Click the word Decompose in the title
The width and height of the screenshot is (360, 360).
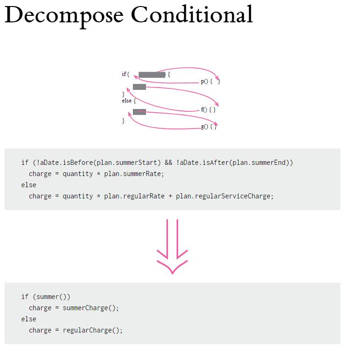pyautogui.click(x=63, y=15)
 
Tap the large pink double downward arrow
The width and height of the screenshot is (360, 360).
pyautogui.click(x=172, y=247)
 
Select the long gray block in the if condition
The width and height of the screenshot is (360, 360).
pyautogui.click(x=152, y=75)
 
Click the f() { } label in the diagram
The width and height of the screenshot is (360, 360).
pyautogui.click(x=208, y=110)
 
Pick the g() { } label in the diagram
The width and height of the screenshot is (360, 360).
pyautogui.click(x=208, y=127)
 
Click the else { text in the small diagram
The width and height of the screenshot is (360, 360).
pyautogui.click(x=129, y=101)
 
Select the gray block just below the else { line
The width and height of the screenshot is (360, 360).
pyautogui.click(x=139, y=112)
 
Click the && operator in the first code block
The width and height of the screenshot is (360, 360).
pyautogui.click(x=168, y=163)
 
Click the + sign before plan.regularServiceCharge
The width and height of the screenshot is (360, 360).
pyautogui.click(x=170, y=196)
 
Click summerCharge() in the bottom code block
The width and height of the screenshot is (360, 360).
pyautogui.click(x=90, y=308)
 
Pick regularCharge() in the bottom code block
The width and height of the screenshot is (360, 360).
pyautogui.click(x=92, y=330)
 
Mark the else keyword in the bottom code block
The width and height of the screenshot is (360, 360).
pyautogui.click(x=28, y=319)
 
